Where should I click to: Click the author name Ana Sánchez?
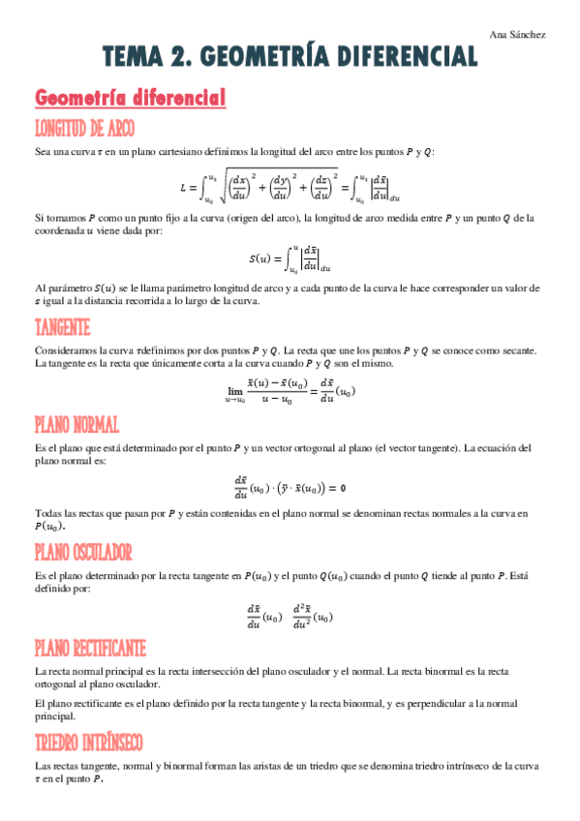[x=527, y=35]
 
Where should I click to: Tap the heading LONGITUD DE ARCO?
[x=84, y=129]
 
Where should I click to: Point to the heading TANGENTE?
[x=62, y=327]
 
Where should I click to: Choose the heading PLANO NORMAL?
[x=76, y=425]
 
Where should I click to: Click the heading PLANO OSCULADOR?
[x=82, y=552]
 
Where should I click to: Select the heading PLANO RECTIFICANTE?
[x=90, y=647]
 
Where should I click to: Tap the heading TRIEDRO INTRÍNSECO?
[x=88, y=742]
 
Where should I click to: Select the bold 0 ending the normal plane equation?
[x=344, y=486]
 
